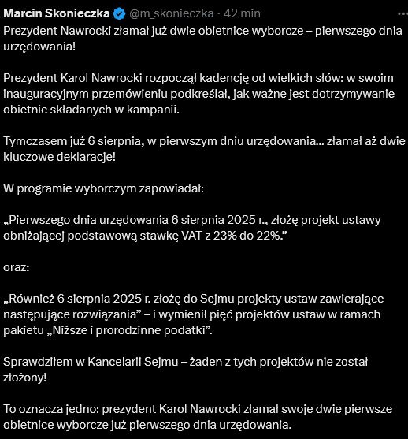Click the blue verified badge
121,13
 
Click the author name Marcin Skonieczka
58,13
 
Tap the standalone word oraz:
17,268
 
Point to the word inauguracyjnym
46,94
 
